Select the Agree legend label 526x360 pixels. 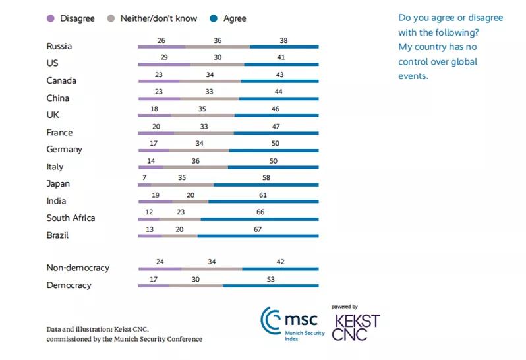[x=235, y=18]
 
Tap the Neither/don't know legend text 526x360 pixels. [x=159, y=18]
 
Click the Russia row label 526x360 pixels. [x=59, y=46]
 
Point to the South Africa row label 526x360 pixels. [x=71, y=218]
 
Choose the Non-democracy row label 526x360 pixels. [x=78, y=268]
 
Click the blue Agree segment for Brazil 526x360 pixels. [x=258, y=236]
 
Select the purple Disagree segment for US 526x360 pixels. [x=163, y=65]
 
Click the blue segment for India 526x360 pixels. [x=263, y=202]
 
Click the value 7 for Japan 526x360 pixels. [x=144, y=177]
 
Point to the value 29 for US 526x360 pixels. [x=163, y=57]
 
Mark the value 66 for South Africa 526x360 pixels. [x=260, y=212]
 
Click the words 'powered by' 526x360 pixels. [x=345, y=307]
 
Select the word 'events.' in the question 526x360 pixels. [x=413, y=76]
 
